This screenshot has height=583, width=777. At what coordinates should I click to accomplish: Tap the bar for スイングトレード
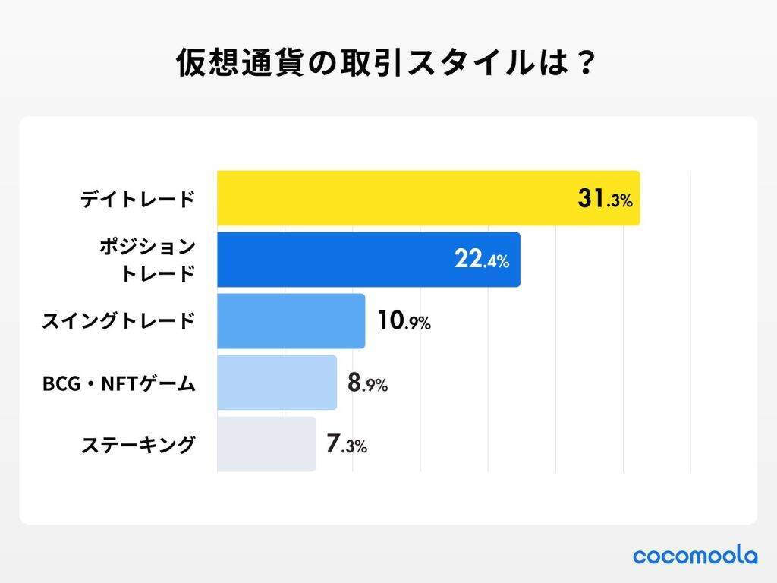(x=291, y=321)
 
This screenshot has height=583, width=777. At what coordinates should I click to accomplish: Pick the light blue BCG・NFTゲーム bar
(x=276, y=383)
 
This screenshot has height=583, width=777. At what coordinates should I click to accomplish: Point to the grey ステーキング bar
(x=266, y=444)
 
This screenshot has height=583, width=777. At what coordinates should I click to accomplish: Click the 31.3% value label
(x=604, y=200)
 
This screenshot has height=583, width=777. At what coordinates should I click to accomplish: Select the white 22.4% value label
(x=482, y=260)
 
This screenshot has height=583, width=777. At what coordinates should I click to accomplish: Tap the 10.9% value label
(x=404, y=322)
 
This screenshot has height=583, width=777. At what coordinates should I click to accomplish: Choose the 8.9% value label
(x=367, y=383)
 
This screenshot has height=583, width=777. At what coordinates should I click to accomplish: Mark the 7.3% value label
(x=347, y=445)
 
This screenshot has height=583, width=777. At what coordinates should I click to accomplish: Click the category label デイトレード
(x=138, y=200)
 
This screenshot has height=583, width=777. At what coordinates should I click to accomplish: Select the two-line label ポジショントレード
(x=147, y=260)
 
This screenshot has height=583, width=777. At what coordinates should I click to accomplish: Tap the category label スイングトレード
(x=118, y=322)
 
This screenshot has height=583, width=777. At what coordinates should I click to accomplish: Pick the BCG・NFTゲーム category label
(x=118, y=383)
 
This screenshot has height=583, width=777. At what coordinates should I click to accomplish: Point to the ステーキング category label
(x=138, y=445)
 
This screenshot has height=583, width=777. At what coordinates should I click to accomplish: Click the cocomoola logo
(x=695, y=556)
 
